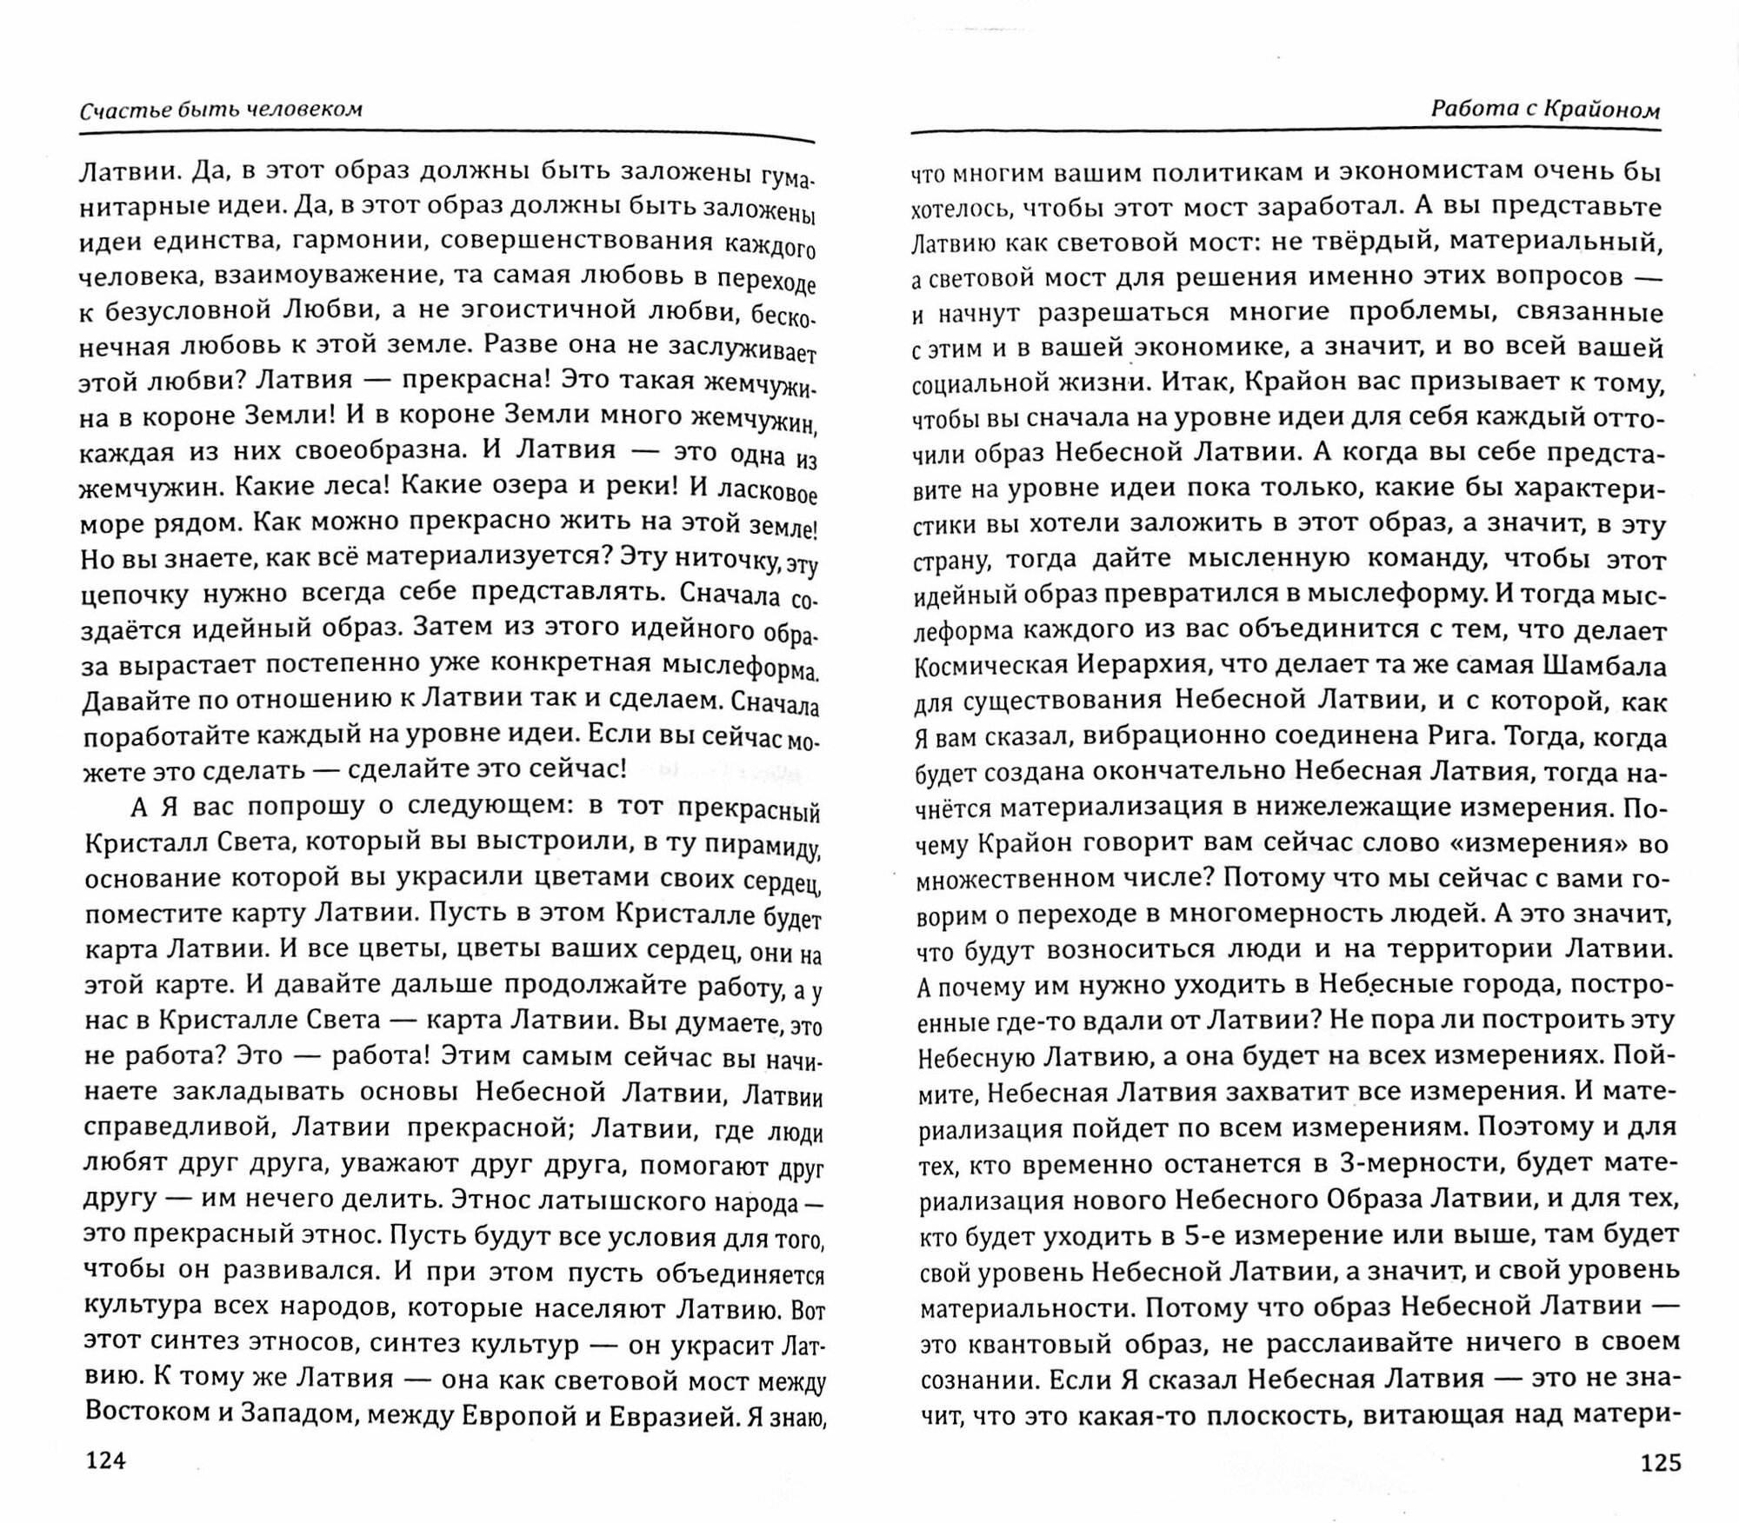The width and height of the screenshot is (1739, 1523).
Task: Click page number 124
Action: coord(103,1460)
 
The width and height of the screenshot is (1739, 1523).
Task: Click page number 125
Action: coord(1660,1463)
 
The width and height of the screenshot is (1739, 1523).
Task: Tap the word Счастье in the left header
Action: coord(112,110)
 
